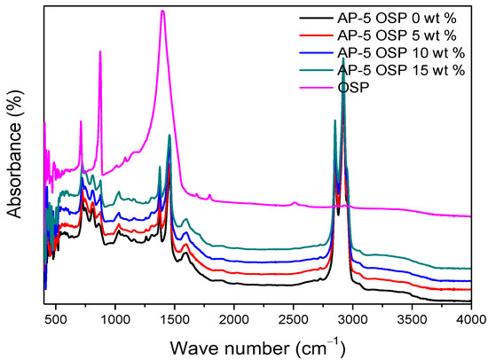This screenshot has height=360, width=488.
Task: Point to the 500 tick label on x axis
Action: click(56, 317)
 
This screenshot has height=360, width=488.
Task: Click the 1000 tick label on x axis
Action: click(115, 317)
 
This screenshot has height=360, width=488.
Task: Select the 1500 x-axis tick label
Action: click(175, 317)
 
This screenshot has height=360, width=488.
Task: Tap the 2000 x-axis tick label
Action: click(234, 317)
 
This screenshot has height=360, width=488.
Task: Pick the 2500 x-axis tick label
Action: click(294, 317)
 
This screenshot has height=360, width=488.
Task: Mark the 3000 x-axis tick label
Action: click(353, 317)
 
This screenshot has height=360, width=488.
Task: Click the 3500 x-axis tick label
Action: click(413, 317)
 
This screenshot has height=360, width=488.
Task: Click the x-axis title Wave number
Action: click(257, 343)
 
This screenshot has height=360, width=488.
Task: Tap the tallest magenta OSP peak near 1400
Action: click(162, 12)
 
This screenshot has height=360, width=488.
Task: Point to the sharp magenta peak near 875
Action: click(100, 51)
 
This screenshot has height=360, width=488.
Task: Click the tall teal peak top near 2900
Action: click(343, 59)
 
